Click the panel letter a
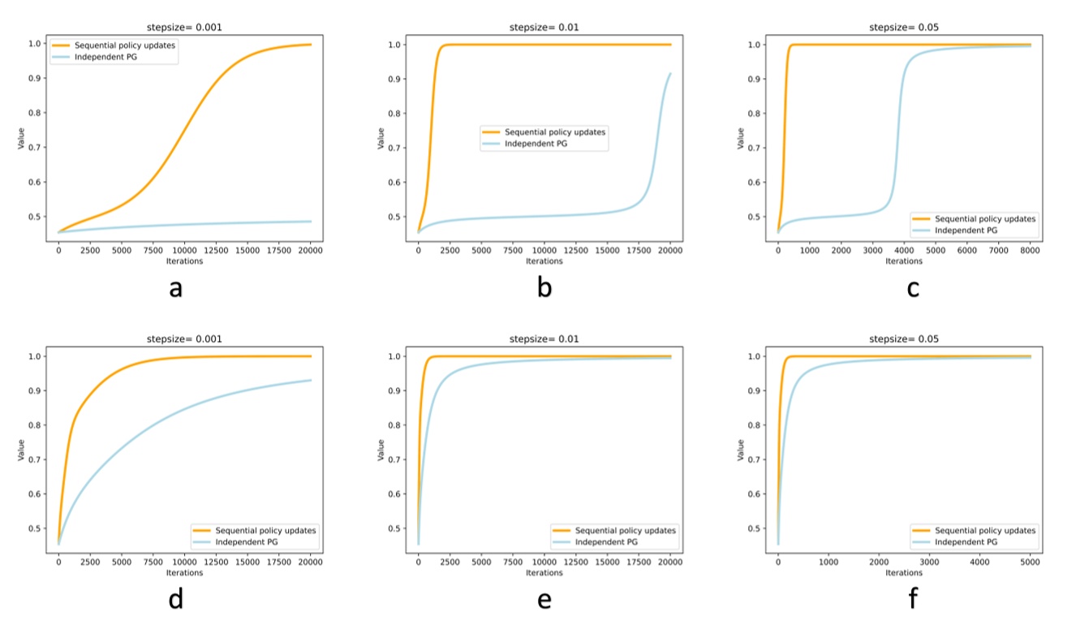(x=175, y=287)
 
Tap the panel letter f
(x=914, y=599)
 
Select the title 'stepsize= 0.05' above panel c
(x=903, y=27)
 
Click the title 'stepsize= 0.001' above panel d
(x=184, y=338)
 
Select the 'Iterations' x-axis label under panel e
(x=544, y=574)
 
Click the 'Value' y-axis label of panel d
(x=21, y=450)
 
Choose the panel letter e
(x=544, y=599)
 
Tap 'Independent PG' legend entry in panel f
(x=966, y=541)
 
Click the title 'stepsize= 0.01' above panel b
(x=544, y=27)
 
